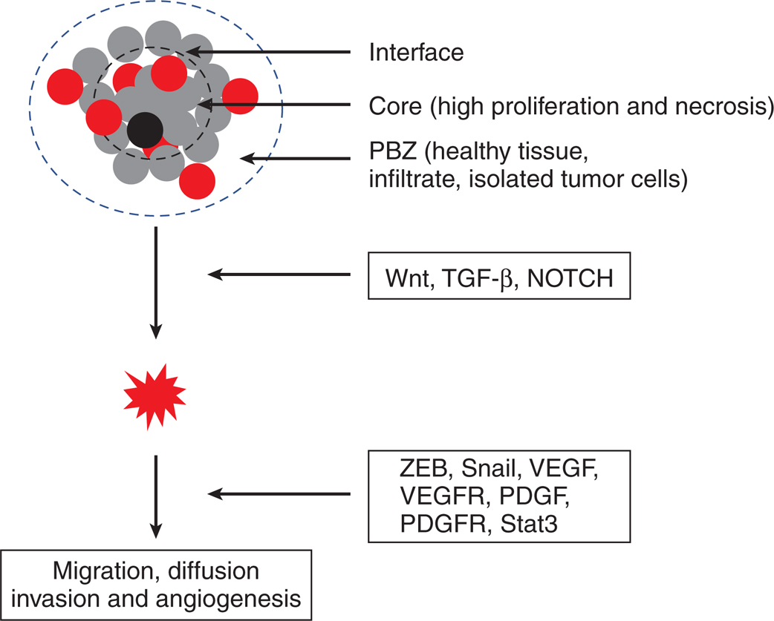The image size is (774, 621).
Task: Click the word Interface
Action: pyautogui.click(x=416, y=53)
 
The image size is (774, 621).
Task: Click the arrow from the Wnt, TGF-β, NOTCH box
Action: pyautogui.click(x=279, y=275)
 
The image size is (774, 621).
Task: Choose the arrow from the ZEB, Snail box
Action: pyautogui.click(x=279, y=492)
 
